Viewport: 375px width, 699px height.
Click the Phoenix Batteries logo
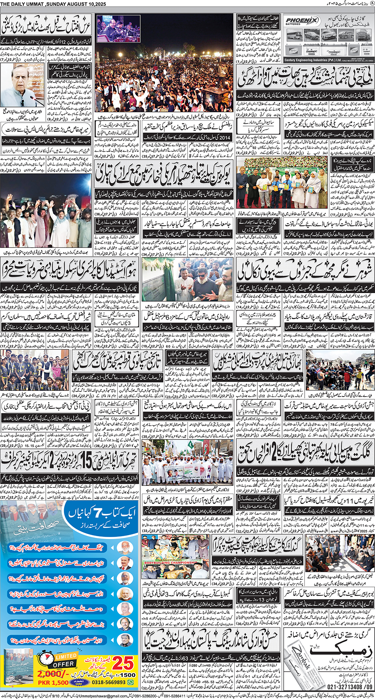click(302, 21)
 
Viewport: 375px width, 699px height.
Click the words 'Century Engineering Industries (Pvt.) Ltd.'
click(313, 60)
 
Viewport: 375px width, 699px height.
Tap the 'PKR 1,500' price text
click(53, 682)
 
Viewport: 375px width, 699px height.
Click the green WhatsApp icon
click(131, 682)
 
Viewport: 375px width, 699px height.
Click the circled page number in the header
click(371, 4)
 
